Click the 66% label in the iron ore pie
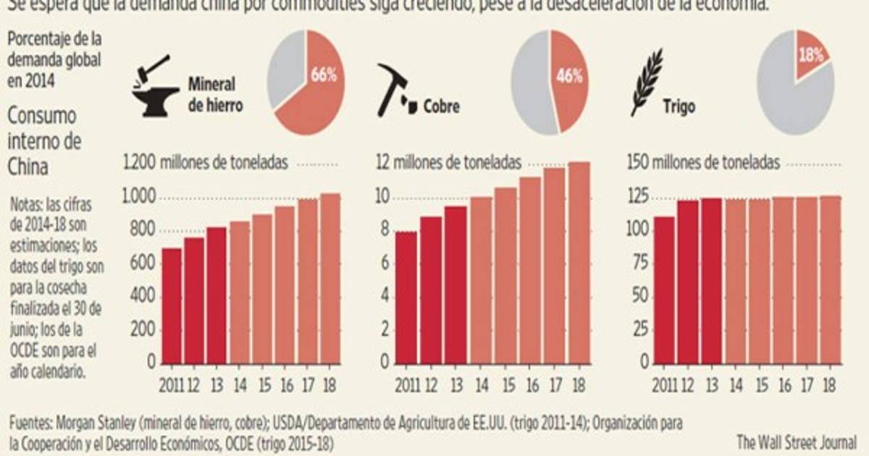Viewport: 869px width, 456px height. pyautogui.click(x=324, y=75)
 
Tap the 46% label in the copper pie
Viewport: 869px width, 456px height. pyautogui.click(x=569, y=77)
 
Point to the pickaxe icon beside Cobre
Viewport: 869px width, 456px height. pyautogui.click(x=395, y=90)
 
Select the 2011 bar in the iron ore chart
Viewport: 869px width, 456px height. pyautogui.click(x=172, y=305)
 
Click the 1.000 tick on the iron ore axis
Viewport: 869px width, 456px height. pyautogui.click(x=140, y=198)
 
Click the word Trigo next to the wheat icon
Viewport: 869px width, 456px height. pyautogui.click(x=679, y=106)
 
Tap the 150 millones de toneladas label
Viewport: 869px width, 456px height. pyautogui.click(x=702, y=163)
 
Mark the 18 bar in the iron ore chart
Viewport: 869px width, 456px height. pyautogui.click(x=330, y=278)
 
